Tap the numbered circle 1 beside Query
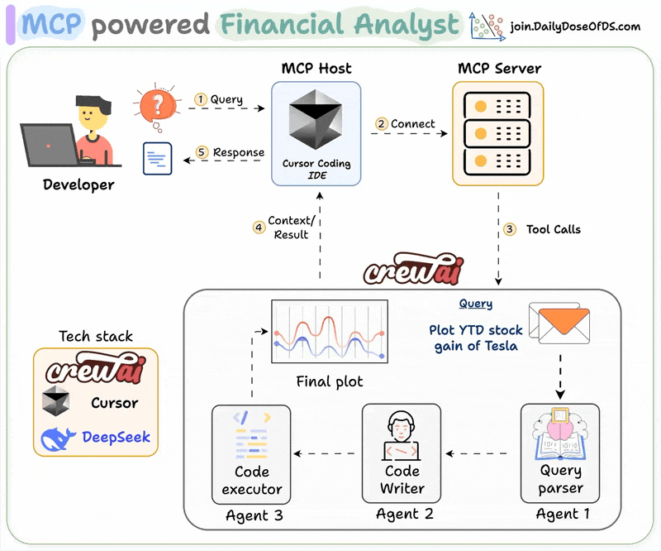point(200,99)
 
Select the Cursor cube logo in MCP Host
point(316,122)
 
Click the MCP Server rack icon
point(497,132)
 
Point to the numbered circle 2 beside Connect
point(381,124)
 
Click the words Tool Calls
point(553,229)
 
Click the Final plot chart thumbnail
point(330,333)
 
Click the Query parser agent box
point(561,453)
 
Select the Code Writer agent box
point(402,453)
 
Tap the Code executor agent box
point(251,453)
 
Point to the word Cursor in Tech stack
point(115,404)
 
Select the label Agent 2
point(404,514)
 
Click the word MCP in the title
point(52,25)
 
